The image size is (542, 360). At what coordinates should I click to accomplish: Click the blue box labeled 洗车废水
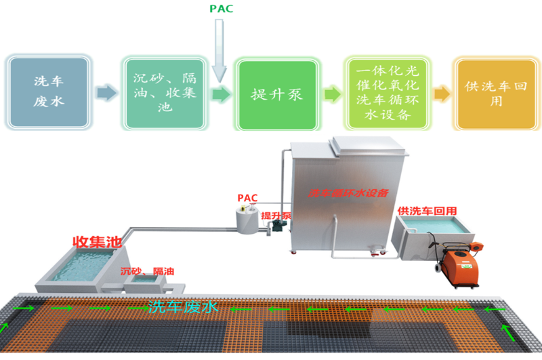pos(48,92)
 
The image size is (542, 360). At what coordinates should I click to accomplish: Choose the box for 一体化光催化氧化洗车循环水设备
pos(387,93)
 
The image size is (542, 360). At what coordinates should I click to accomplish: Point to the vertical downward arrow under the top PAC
pos(219,51)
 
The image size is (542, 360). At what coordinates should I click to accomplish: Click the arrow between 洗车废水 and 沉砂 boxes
pos(106,93)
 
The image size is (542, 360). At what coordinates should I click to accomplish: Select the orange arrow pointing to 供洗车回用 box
pos(441,93)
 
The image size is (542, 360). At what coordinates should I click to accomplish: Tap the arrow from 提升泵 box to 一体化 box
pos(332,93)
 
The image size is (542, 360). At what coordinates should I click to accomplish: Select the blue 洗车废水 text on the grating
pos(183,307)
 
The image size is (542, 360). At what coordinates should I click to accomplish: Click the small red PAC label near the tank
pos(247,197)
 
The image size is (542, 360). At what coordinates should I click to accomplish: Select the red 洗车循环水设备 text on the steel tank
pos(348,193)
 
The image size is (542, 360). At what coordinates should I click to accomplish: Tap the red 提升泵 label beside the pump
pos(276,216)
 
